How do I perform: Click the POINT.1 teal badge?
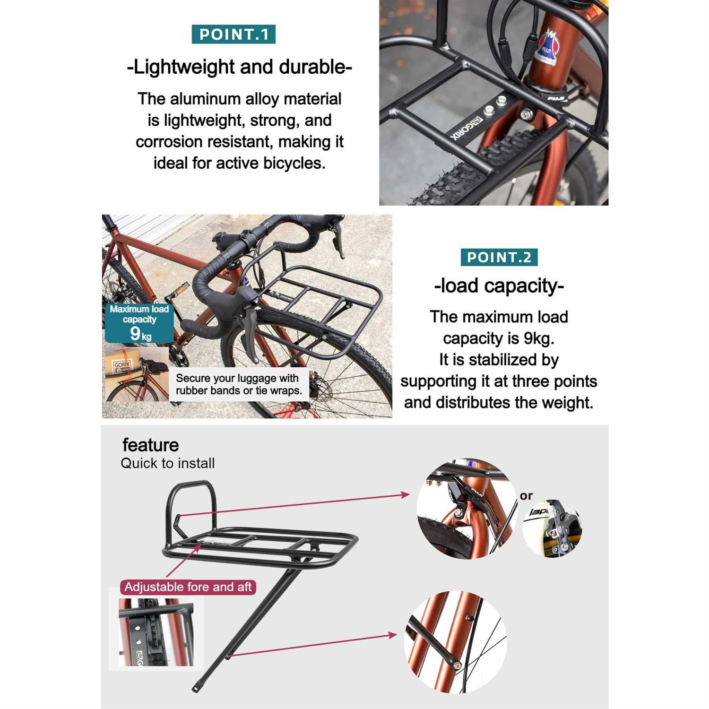pyautogui.click(x=233, y=35)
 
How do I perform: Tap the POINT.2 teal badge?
pyautogui.click(x=499, y=257)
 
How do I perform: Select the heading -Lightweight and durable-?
pyautogui.click(x=239, y=67)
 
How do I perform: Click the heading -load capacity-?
pyautogui.click(x=499, y=286)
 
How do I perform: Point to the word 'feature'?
pyautogui.click(x=150, y=445)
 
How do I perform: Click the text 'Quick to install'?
pyautogui.click(x=167, y=463)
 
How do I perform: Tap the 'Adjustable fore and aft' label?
pyautogui.click(x=188, y=587)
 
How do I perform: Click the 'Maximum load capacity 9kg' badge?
pyautogui.click(x=139, y=323)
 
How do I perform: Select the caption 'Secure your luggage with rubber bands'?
pyautogui.click(x=239, y=384)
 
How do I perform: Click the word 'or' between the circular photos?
pyautogui.click(x=526, y=496)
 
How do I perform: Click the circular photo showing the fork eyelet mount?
pyautogui.click(x=455, y=642)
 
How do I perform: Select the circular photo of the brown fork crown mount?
pyautogui.click(x=467, y=508)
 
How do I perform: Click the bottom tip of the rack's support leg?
pyautogui.click(x=196, y=690)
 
